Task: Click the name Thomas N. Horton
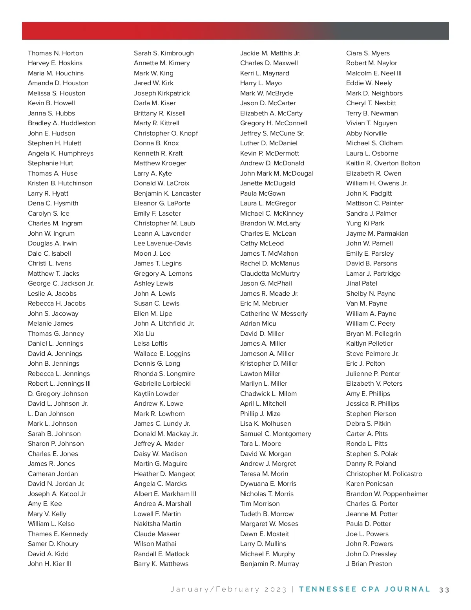[x=55, y=53]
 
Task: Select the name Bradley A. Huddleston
[x=62, y=123]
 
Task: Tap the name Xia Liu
[x=144, y=333]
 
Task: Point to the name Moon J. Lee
[x=152, y=253]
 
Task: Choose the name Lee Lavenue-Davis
[x=162, y=243]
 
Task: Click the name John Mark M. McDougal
[x=277, y=173]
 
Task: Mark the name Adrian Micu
[x=258, y=323]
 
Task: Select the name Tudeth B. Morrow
[x=267, y=514]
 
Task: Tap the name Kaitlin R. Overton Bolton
[x=383, y=163]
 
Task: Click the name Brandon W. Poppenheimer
[x=387, y=494]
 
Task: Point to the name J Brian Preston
[x=369, y=564]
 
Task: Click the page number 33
[x=444, y=590]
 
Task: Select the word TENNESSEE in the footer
[x=328, y=589]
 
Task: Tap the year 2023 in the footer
[x=275, y=590]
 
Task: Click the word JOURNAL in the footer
[x=407, y=589]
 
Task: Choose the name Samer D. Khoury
[x=53, y=544]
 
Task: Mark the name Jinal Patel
[x=361, y=283]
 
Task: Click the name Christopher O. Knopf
[x=166, y=133]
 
